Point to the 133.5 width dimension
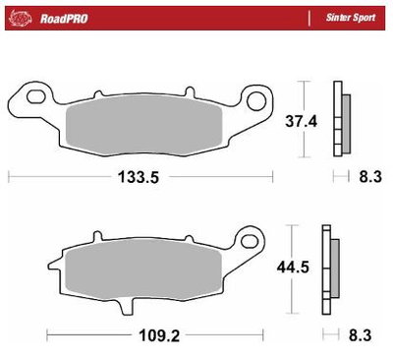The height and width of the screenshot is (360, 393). [139, 178]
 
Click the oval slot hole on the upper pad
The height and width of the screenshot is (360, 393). [35, 96]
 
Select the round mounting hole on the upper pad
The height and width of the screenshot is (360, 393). [259, 98]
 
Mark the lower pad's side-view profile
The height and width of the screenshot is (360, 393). [330, 264]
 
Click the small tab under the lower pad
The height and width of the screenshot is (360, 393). [125, 305]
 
